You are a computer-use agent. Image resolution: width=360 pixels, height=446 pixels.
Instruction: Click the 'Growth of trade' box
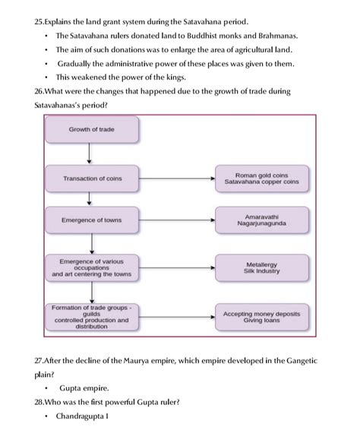coord(91,130)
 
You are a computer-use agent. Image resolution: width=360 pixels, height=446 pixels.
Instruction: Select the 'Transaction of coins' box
coord(91,179)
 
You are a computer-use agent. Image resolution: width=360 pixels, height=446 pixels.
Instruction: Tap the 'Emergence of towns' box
coord(91,220)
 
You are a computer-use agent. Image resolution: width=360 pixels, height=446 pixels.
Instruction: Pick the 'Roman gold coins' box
coord(262,179)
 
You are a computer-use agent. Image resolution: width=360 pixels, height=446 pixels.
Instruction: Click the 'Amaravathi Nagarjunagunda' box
coord(262,220)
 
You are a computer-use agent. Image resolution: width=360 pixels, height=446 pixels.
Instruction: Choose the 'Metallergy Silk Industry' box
coord(262,267)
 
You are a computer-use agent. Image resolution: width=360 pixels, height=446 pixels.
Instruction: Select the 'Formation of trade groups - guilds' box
coord(91,316)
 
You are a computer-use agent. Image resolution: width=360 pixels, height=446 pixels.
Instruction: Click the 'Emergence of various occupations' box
coord(91,267)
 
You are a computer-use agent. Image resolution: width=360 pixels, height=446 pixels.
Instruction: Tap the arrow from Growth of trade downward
coord(90,153)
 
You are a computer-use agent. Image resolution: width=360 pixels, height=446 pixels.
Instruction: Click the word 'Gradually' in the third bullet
coord(78,63)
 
